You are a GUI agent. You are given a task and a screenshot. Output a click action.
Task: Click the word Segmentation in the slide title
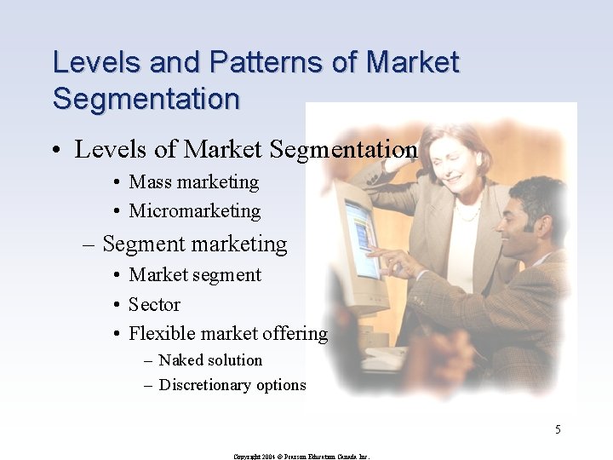[146, 98]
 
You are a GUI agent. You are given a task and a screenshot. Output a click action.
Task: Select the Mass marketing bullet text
[193, 182]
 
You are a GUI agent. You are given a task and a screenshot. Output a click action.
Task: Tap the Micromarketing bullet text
[194, 211]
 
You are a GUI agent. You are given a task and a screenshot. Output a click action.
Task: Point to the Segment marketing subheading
[194, 244]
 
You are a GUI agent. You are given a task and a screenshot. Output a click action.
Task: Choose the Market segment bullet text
[195, 275]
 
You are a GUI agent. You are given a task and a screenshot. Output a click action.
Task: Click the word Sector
[154, 304]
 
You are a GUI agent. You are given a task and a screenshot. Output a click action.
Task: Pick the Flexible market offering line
[227, 333]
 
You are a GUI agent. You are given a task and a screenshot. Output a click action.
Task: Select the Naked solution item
[210, 360]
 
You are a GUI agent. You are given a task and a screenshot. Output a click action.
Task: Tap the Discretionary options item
[232, 385]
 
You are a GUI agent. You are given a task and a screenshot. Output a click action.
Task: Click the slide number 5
[558, 429]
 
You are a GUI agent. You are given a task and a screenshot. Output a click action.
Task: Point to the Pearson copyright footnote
[301, 457]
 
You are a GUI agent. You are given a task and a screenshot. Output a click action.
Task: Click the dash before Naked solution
[148, 360]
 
